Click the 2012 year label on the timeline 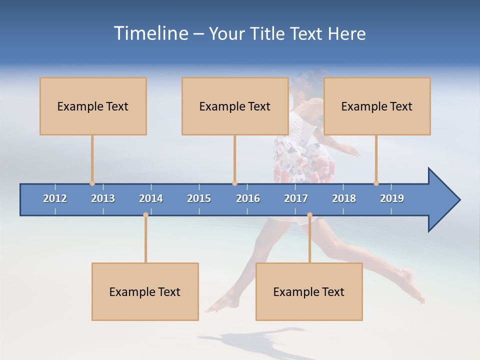(55, 198)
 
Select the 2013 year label (103, 198)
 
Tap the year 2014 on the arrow (151, 198)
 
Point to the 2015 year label (199, 198)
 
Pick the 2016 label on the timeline (248, 198)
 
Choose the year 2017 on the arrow (296, 198)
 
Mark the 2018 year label (344, 198)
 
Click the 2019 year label (392, 198)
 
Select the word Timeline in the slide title (150, 33)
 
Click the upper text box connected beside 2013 (93, 106)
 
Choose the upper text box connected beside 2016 (235, 106)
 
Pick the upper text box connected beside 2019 (377, 106)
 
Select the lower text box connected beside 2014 (145, 291)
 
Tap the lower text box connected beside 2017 (309, 291)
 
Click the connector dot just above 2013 (92, 183)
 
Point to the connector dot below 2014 (145, 215)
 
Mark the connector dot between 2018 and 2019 (376, 183)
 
